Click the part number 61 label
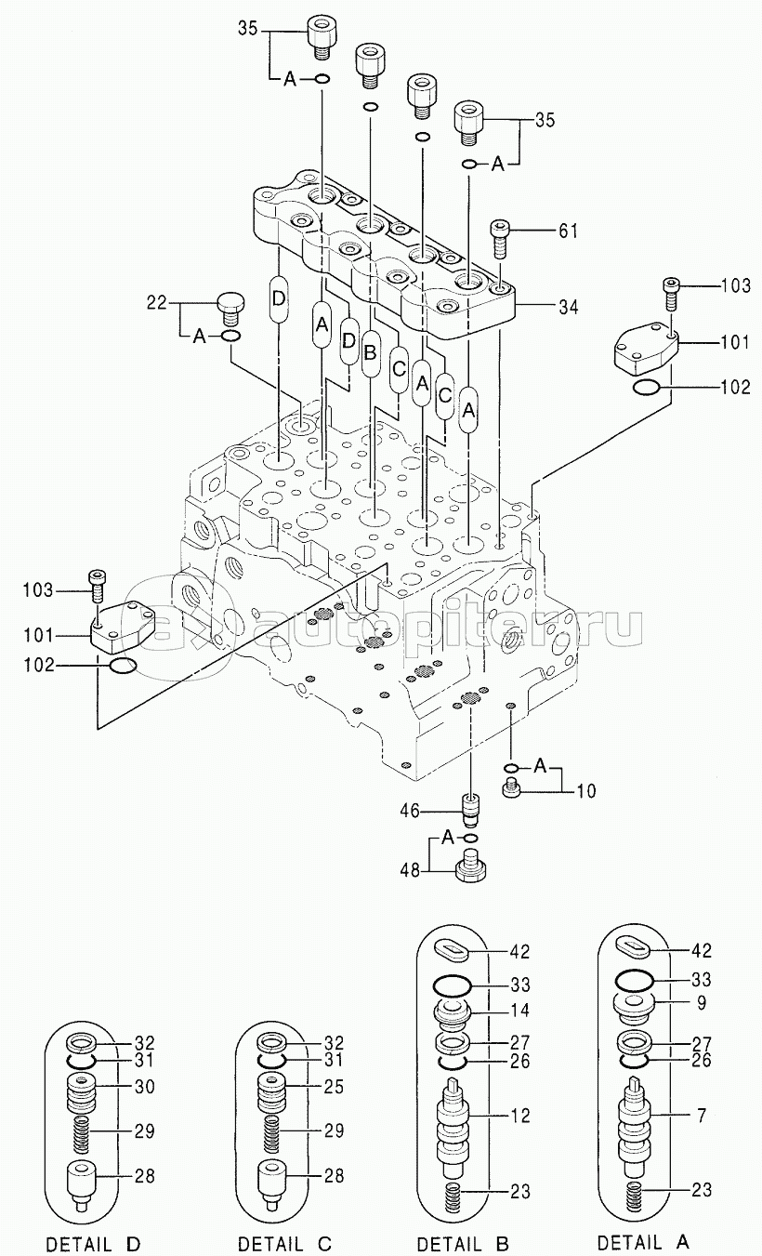(x=568, y=231)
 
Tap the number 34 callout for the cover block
(x=568, y=307)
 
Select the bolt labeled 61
(x=499, y=238)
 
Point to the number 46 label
(x=410, y=811)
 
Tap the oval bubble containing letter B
(x=369, y=353)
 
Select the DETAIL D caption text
(x=93, y=1243)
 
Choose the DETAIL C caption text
(x=284, y=1243)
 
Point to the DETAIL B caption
(x=465, y=1241)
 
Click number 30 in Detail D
(x=145, y=1087)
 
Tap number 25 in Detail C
(x=334, y=1087)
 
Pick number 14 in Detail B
(x=519, y=1011)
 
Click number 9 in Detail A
(x=702, y=1002)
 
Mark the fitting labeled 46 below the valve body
(x=470, y=810)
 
